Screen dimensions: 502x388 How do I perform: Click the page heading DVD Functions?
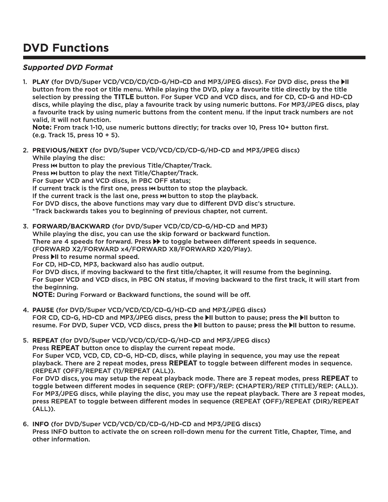tap(66, 48)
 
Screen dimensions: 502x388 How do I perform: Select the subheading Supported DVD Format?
tap(68, 68)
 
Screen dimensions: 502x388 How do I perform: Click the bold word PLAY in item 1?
tap(41, 82)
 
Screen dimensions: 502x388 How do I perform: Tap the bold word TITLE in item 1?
tap(124, 97)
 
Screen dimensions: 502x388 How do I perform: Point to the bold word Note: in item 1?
tap(42, 127)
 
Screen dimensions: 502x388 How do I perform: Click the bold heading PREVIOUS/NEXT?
tap(60, 150)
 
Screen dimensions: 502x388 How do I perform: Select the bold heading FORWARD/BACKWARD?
tap(71, 226)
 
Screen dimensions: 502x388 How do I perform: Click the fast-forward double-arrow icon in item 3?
tap(157, 241)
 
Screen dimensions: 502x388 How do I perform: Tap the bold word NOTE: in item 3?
tap(43, 295)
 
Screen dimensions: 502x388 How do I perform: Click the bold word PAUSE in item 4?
tap(43, 310)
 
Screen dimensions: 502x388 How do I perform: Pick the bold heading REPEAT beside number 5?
tap(45, 340)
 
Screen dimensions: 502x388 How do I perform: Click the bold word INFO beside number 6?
tap(41, 424)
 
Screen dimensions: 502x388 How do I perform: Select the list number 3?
tap(25, 226)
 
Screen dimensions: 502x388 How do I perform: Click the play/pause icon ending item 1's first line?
tap(345, 82)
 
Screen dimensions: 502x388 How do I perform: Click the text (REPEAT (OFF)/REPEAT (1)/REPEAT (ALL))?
tap(104, 371)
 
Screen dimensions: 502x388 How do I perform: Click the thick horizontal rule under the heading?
tap(194, 57)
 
